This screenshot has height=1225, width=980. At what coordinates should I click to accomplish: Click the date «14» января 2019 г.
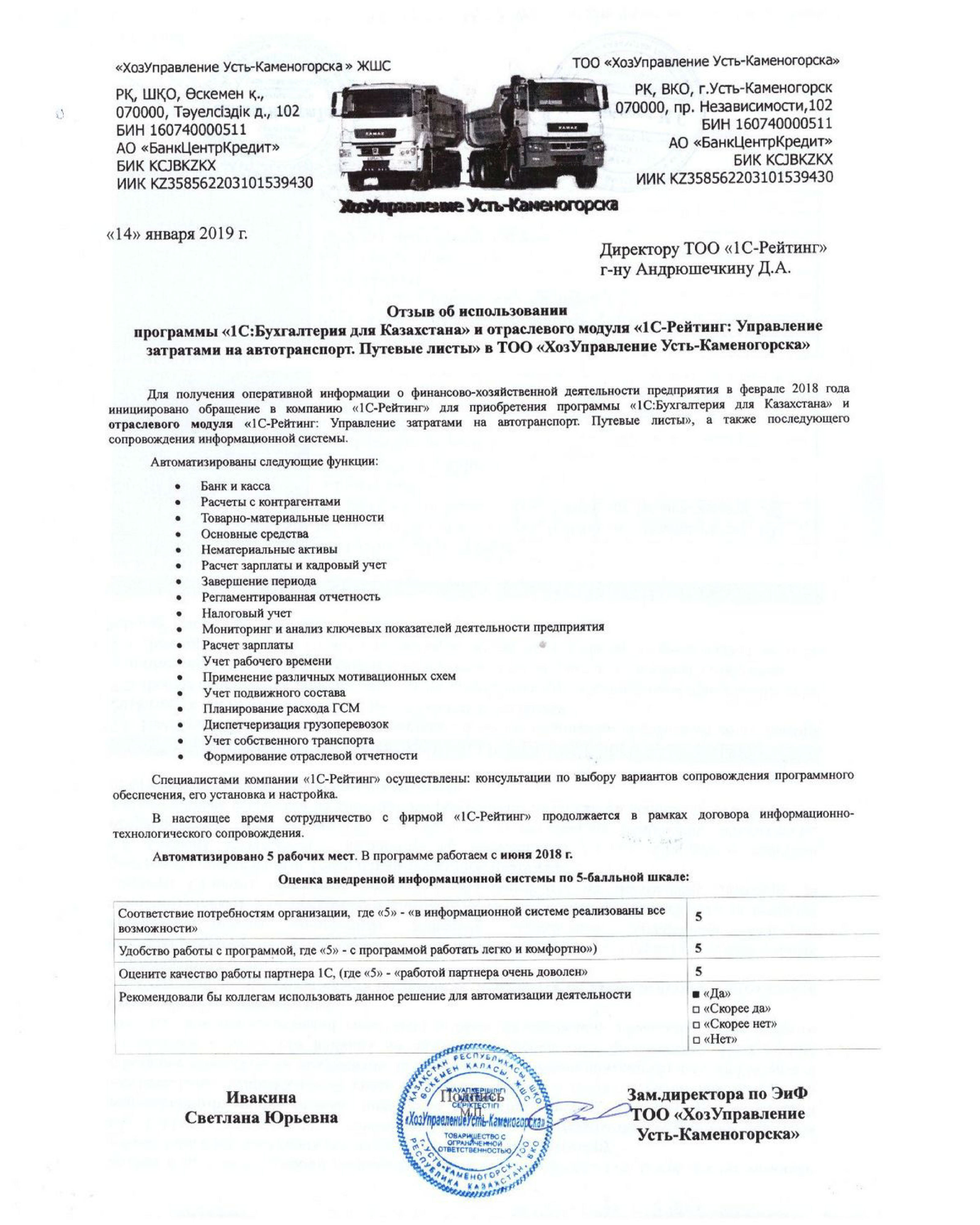click(177, 234)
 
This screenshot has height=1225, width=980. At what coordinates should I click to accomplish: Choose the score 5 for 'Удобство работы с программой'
click(698, 948)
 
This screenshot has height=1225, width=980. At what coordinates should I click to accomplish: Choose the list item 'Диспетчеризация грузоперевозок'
click(296, 724)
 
